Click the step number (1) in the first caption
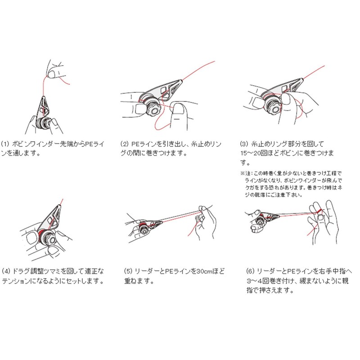pyautogui.click(x=5, y=144)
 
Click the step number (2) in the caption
pyautogui.click(x=125, y=144)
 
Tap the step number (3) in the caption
pyautogui.click(x=244, y=144)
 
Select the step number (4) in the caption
pyautogui.click(x=6, y=271)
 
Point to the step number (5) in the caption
pyautogui.click(x=128, y=271)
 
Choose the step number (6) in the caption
pyautogui.click(x=251, y=271)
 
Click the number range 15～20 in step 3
pyautogui.click(x=251, y=153)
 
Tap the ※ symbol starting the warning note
pyautogui.click(x=243, y=173)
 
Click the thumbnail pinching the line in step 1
pyautogui.click(x=51, y=74)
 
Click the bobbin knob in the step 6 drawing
pyautogui.click(x=261, y=221)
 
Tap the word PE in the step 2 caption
pyautogui.click(x=135, y=144)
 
